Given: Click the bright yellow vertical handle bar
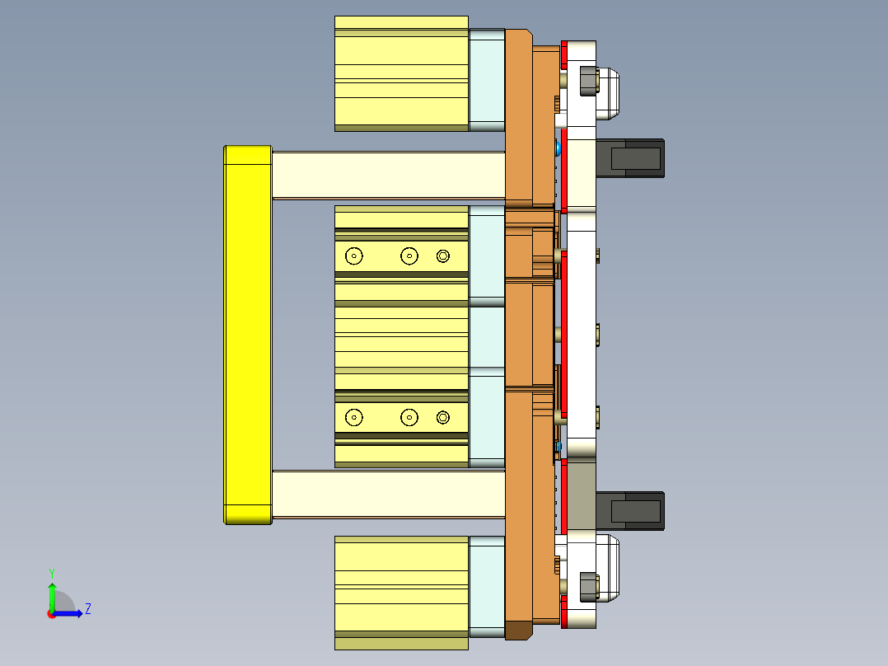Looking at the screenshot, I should [x=248, y=335].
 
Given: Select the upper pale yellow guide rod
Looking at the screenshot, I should [x=387, y=175].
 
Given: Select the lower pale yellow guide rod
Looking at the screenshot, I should [x=387, y=495].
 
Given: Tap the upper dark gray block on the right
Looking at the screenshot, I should [x=630, y=157].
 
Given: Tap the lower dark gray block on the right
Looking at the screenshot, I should [x=630, y=511].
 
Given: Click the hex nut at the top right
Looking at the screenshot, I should [x=588, y=82].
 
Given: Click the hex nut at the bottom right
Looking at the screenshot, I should [x=588, y=585].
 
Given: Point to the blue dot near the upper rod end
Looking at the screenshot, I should [x=559, y=149].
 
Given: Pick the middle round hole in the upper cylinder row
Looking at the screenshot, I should [x=409, y=256].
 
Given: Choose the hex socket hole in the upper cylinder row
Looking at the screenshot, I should [x=443, y=256].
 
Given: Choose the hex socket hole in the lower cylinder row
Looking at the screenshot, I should [x=443, y=418].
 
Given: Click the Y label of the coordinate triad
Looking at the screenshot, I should [x=51, y=572].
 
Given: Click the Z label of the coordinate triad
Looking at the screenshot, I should [x=87, y=610].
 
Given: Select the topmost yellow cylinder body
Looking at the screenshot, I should [x=401, y=73].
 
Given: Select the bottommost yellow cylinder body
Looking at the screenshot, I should [x=401, y=592].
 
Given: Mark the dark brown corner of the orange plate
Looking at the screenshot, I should [x=518, y=631].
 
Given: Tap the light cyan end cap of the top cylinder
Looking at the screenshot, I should [x=487, y=80].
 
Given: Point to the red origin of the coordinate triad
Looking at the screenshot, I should [x=52, y=613].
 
